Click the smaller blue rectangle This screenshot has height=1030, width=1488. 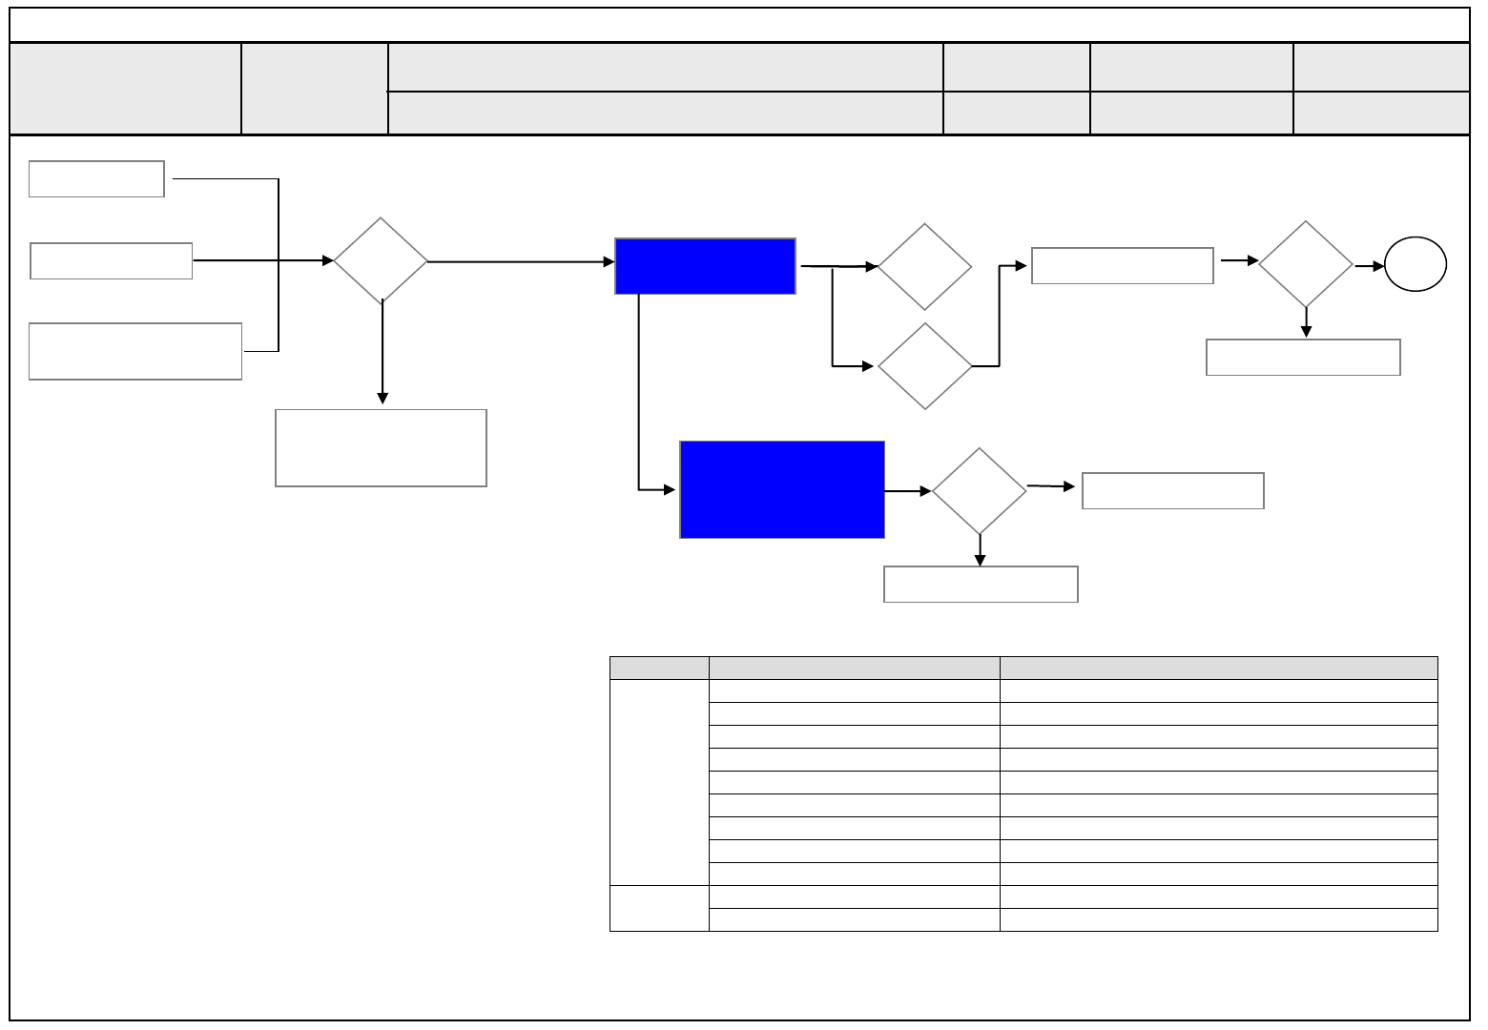pyautogui.click(x=705, y=266)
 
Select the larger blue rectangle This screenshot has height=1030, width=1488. pyautogui.click(x=782, y=489)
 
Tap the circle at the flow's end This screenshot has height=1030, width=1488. pyautogui.click(x=1416, y=265)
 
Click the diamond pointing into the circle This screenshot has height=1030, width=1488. pyautogui.click(x=1306, y=264)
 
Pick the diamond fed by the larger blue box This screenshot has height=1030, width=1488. pyautogui.click(x=980, y=491)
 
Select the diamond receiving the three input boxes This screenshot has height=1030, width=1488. pyautogui.click(x=381, y=260)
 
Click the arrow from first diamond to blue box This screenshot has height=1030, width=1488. pyautogui.click(x=521, y=260)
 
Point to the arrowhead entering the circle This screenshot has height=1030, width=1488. pyautogui.click(x=1378, y=266)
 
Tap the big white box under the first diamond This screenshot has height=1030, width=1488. pyautogui.click(x=381, y=448)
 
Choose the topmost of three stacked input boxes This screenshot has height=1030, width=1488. pyautogui.click(x=96, y=179)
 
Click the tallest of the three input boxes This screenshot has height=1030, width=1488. pyautogui.click(x=135, y=352)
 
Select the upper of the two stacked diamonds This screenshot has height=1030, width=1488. pyautogui.click(x=924, y=267)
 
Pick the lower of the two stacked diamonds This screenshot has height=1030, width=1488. pyautogui.click(x=924, y=366)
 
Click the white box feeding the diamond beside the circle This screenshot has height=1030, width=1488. pyautogui.click(x=1122, y=266)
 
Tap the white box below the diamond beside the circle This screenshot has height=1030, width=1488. pyautogui.click(x=1303, y=358)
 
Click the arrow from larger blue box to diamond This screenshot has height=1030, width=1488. pyautogui.click(x=908, y=491)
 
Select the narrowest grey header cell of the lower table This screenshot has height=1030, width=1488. pyautogui.click(x=659, y=668)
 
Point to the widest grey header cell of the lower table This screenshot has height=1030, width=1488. pyautogui.click(x=1218, y=668)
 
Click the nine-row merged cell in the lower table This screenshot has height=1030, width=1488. pyautogui.click(x=659, y=782)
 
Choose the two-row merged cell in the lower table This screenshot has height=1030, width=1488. pyautogui.click(x=659, y=908)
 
